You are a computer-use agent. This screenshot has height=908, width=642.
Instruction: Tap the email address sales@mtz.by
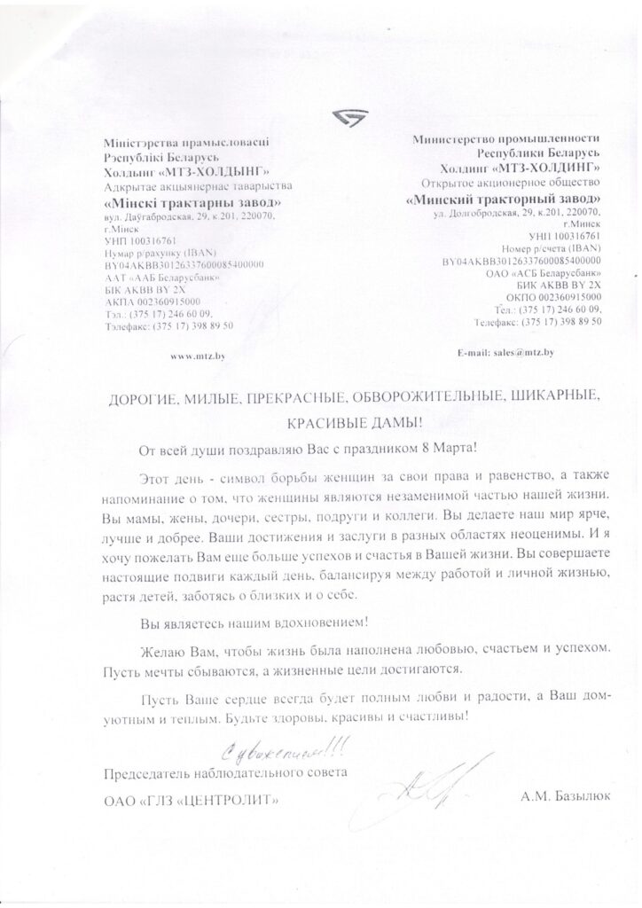coord(505,353)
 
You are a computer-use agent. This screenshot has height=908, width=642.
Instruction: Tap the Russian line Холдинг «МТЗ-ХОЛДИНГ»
coord(521,168)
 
